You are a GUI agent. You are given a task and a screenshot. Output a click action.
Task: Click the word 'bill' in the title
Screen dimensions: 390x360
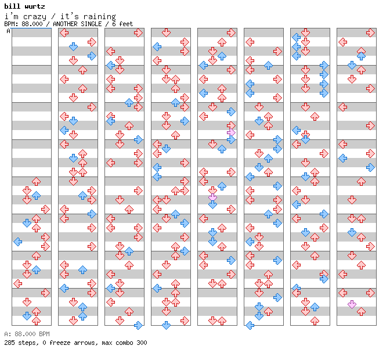12,6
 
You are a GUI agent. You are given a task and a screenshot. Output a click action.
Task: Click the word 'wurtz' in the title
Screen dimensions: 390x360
35,6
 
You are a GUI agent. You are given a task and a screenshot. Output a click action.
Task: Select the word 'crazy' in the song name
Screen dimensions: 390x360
35,17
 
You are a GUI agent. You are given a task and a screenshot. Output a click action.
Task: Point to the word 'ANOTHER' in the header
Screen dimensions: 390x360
65,24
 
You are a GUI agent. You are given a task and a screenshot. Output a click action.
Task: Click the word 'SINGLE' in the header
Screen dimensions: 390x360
91,24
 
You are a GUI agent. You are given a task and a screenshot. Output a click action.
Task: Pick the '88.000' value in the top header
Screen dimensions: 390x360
32,24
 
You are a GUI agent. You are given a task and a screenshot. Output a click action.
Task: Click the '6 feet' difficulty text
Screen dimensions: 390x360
122,24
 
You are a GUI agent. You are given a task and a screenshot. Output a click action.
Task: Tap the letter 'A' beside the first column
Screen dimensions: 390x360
9,31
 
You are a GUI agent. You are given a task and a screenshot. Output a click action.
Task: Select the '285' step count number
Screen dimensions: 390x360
9,343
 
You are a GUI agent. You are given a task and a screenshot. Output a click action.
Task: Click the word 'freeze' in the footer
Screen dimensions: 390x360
58,343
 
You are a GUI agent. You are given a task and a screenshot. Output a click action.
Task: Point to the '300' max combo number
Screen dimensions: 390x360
142,343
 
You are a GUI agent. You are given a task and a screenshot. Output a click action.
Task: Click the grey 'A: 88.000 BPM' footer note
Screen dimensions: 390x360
27,334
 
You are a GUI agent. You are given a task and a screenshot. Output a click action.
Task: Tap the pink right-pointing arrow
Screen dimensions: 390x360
231,132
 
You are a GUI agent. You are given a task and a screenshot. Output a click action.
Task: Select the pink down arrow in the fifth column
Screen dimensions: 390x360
212,197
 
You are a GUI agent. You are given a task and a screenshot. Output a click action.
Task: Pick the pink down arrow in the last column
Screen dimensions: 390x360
352,304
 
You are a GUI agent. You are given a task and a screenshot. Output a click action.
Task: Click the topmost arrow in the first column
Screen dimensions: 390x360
37,181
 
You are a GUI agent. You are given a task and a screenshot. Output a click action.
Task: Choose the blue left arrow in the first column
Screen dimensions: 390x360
18,242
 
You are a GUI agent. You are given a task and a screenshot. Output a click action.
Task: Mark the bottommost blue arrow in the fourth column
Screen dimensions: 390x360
166,325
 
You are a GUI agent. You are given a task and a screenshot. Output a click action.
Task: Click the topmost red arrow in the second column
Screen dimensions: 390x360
64,33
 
